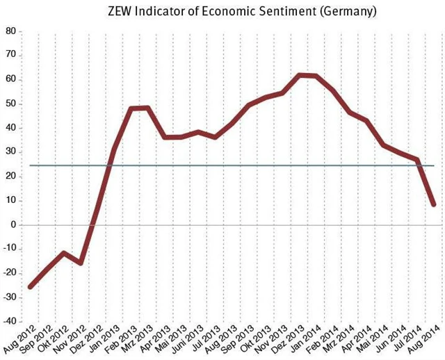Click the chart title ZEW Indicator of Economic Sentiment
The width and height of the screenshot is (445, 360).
pyautogui.click(x=229, y=12)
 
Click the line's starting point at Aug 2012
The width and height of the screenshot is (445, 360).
pyautogui.click(x=30, y=286)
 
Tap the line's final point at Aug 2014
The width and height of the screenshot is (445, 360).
pyautogui.click(x=434, y=204)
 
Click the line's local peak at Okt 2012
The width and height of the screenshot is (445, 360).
pyautogui.click(x=64, y=253)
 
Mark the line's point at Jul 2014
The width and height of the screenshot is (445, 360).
pyautogui.click(x=417, y=161)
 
